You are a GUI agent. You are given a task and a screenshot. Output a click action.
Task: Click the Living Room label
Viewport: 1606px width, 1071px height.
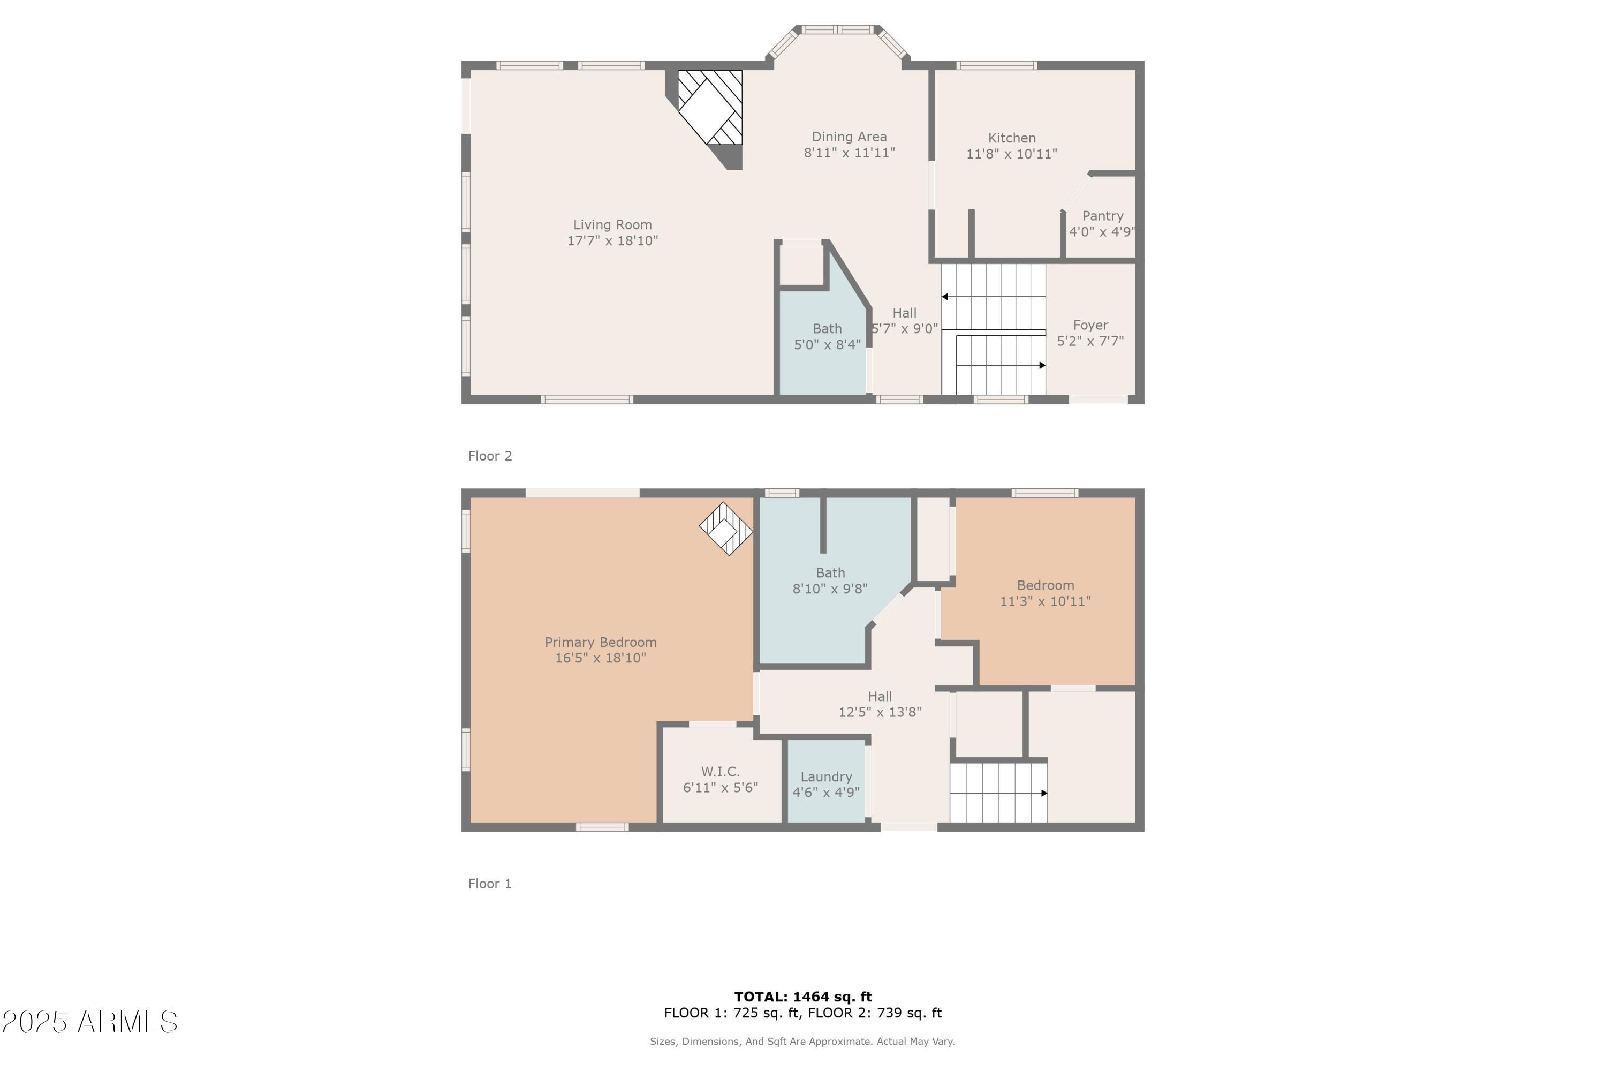[612, 225]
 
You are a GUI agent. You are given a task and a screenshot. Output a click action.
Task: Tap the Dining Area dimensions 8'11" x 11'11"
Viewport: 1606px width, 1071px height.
[849, 153]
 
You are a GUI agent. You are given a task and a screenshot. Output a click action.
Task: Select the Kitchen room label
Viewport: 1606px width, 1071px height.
[1011, 138]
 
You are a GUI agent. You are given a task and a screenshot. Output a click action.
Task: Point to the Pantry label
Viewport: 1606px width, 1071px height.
[1102, 216]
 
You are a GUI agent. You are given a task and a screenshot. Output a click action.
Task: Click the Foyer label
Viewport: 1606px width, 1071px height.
[1090, 325]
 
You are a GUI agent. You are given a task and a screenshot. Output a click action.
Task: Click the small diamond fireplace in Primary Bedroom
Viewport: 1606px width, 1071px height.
[726, 529]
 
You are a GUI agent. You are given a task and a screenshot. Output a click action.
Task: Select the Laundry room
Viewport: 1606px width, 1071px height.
[825, 784]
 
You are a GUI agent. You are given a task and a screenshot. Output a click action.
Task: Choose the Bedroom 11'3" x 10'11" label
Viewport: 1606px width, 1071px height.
[1045, 593]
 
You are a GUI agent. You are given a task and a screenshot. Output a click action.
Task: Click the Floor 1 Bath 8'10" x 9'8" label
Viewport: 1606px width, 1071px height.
[830, 580]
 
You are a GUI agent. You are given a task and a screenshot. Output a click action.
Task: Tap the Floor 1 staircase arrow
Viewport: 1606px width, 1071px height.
[1043, 793]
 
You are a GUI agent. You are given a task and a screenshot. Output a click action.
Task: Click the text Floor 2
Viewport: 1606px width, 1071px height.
[490, 456]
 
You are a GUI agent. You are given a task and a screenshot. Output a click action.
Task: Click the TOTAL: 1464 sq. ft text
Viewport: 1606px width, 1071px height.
[802, 997]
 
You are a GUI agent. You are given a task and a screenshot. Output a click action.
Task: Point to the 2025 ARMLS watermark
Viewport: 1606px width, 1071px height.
[89, 1022]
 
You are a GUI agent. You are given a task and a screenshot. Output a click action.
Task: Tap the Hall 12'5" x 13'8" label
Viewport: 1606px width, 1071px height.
[880, 704]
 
